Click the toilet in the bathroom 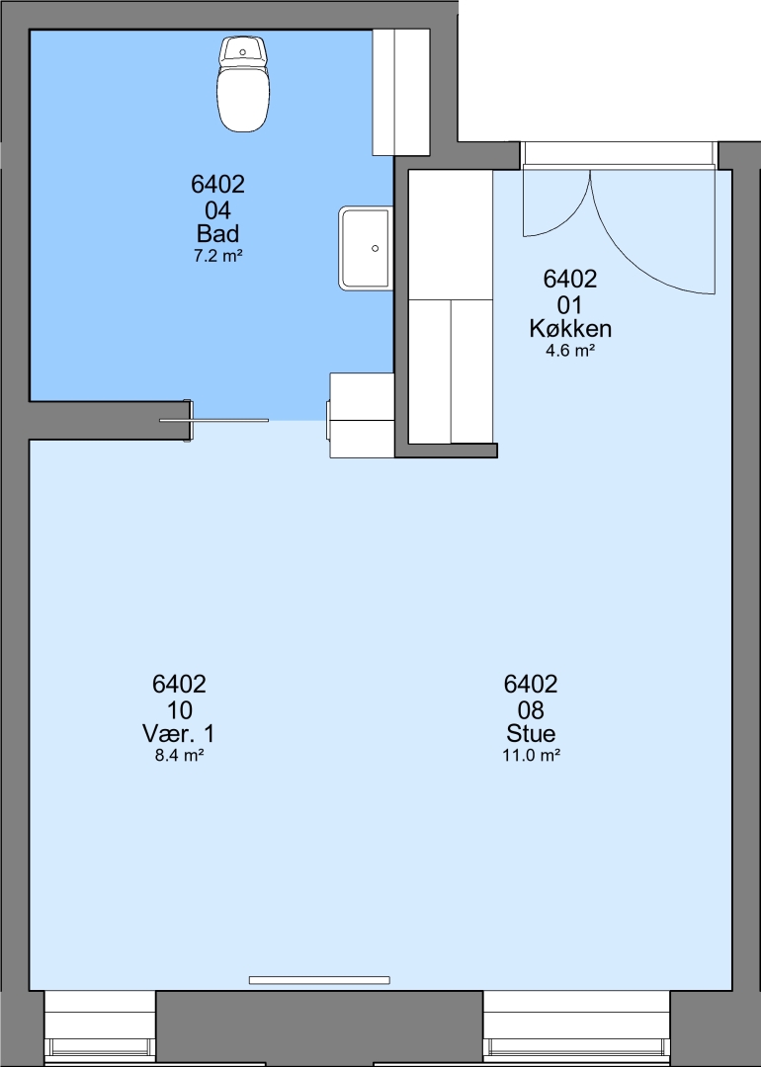tap(243, 84)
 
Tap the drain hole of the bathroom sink tap(375, 248)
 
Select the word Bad tap(217, 233)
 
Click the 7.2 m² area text tap(217, 257)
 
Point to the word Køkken tap(570, 329)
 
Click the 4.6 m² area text tap(570, 351)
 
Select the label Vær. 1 tap(178, 733)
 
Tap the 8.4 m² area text tap(179, 756)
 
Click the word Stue tap(531, 733)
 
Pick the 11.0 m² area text tap(531, 756)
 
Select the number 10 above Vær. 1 tap(179, 709)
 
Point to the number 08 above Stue tap(531, 709)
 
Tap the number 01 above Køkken tap(570, 304)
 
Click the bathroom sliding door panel tap(213, 421)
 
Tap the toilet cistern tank tap(243, 50)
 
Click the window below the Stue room tap(576, 1028)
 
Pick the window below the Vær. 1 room tap(100, 1028)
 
